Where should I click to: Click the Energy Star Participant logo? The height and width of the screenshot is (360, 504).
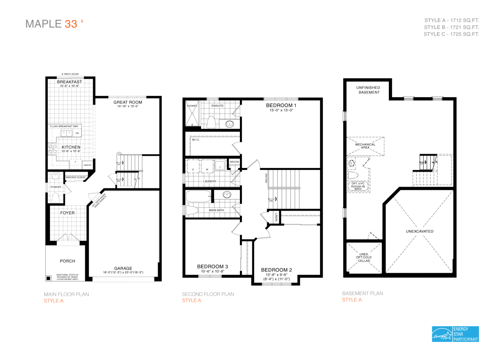pyautogui.click(x=455, y=334)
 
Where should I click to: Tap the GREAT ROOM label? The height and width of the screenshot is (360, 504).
pyautogui.click(x=128, y=102)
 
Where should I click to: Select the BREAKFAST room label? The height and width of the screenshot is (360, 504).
pyautogui.click(x=70, y=82)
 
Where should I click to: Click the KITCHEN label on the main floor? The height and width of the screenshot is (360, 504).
pyautogui.click(x=71, y=147)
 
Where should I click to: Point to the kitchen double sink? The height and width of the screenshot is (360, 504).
pyautogui.click(x=67, y=133)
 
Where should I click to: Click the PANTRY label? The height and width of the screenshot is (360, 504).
pyautogui.click(x=88, y=165)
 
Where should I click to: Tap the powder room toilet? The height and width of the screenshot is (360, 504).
pyautogui.click(x=55, y=198)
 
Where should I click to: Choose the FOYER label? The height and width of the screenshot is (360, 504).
pyautogui.click(x=67, y=213)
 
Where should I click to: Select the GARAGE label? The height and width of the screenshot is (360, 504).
pyautogui.click(x=123, y=268)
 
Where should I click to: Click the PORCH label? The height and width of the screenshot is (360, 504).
pyautogui.click(x=67, y=261)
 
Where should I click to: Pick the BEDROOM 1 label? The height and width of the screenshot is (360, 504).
pyautogui.click(x=281, y=105)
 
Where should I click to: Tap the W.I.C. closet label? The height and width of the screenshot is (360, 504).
pyautogui.click(x=196, y=140)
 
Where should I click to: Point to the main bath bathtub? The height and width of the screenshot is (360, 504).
pyautogui.click(x=198, y=196)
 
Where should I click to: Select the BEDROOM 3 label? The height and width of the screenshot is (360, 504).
pyautogui.click(x=212, y=267)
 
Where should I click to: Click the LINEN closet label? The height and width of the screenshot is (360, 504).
pyautogui.click(x=276, y=217)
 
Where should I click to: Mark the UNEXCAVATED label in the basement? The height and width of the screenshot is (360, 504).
pyautogui.click(x=419, y=231)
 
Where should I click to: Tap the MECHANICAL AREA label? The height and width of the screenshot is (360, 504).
pyautogui.click(x=365, y=146)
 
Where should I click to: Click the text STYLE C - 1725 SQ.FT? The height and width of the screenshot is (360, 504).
pyautogui.click(x=451, y=34)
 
